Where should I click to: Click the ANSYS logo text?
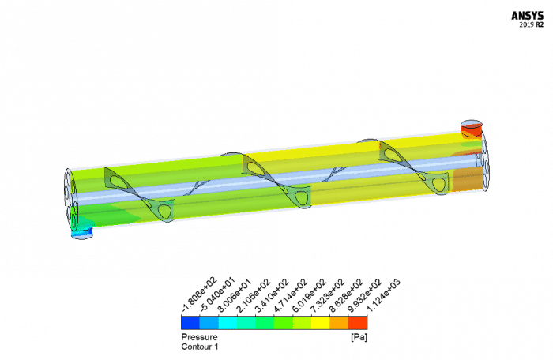pyautogui.click(x=526, y=14)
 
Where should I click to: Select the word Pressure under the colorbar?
pyautogui.click(x=198, y=337)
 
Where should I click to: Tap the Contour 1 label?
pyautogui.click(x=200, y=347)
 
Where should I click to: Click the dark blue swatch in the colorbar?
pyautogui.click(x=190, y=322)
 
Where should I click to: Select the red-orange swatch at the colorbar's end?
pyautogui.click(x=358, y=322)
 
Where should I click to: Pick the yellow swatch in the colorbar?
pyautogui.click(x=320, y=322)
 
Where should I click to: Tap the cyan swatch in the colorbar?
pyautogui.click(x=227, y=322)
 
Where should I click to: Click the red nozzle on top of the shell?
pyautogui.click(x=472, y=128)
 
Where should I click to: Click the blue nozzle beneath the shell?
pyautogui.click(x=81, y=232)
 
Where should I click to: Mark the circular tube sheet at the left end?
pyautogui.click(x=69, y=198)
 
